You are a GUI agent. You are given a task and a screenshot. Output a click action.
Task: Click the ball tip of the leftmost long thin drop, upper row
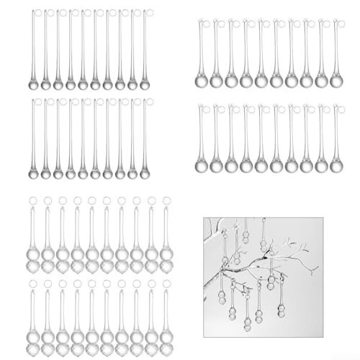point(34,84)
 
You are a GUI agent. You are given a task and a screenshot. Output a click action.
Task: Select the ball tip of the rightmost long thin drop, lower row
point(144,174)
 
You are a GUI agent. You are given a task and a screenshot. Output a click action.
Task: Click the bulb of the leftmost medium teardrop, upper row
point(201,81)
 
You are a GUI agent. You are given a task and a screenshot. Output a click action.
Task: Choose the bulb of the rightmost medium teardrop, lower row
point(336,165)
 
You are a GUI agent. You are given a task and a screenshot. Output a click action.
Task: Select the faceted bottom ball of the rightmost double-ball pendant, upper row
point(166,269)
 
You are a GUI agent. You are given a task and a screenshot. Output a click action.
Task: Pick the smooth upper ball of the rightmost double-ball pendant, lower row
point(166,336)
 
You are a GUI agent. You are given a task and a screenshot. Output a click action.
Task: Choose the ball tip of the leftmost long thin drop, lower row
point(34,174)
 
